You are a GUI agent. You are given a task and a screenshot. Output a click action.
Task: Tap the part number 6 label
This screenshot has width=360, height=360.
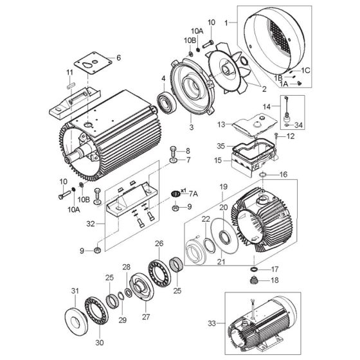[x=118, y=58]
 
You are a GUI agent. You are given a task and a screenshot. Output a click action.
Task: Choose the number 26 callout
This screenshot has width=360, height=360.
[x=159, y=244]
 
